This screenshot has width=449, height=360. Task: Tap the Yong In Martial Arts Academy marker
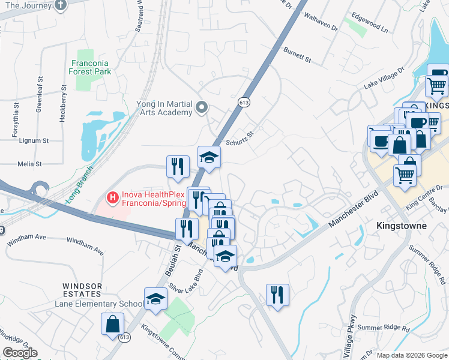[202, 108]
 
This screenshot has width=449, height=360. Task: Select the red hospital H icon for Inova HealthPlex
[111, 196]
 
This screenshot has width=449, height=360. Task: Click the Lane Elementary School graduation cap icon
[155, 298]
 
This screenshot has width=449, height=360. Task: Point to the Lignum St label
[34, 140]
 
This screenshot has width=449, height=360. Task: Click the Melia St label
[29, 163]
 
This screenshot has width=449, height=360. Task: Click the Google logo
[20, 353]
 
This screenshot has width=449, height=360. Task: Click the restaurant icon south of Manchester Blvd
[277, 295]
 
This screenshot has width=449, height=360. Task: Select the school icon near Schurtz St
[209, 157]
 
